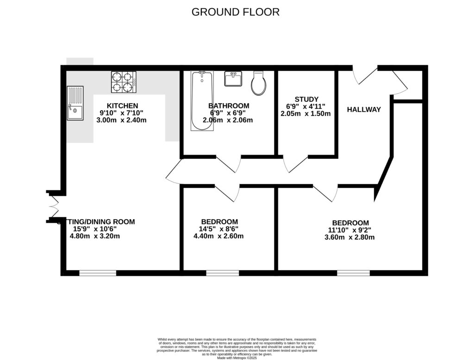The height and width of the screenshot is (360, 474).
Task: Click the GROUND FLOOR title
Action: [x=236, y=12]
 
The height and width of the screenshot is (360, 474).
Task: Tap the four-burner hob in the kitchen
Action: [x=123, y=82]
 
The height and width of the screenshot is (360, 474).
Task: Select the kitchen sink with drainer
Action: [x=75, y=103]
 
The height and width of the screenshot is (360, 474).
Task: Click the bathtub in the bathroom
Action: [x=202, y=101]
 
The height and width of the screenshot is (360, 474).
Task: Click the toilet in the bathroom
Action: [x=258, y=83]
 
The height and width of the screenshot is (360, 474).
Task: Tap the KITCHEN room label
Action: [x=122, y=106]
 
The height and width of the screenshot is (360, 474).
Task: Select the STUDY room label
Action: [x=306, y=99]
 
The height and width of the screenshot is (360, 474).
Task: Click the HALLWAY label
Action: [x=364, y=110]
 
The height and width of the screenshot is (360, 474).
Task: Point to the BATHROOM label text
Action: [x=229, y=106]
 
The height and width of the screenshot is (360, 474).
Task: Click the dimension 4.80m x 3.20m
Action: [x=95, y=236]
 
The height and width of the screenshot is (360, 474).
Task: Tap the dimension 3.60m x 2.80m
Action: [x=350, y=237]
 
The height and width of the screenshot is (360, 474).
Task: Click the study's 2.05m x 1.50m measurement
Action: [x=306, y=114]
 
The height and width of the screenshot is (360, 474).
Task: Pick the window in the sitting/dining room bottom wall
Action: [x=98, y=273]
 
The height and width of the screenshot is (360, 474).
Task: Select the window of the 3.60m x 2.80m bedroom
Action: [x=353, y=273]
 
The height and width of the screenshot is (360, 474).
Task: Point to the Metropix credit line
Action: [x=237, y=358]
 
